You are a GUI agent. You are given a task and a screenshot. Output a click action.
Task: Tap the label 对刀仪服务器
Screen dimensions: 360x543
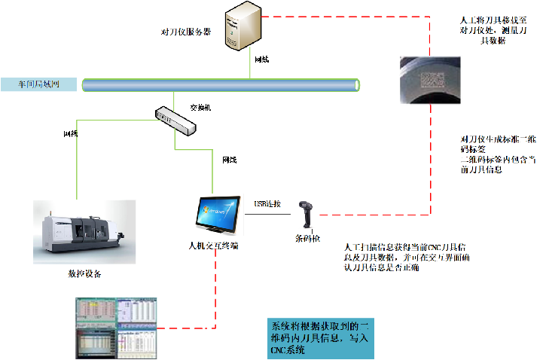click(186, 32)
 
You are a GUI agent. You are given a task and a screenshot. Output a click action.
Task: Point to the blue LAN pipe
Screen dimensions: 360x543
click(218, 84)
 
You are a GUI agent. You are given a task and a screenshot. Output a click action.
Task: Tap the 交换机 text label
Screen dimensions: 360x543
click(200, 108)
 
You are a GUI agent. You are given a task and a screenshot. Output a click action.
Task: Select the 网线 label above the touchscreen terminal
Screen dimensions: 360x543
click(228, 160)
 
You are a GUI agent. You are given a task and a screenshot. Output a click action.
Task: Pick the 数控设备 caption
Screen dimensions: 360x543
click(84, 273)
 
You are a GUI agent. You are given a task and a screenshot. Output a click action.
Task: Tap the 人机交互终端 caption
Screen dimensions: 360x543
click(214, 246)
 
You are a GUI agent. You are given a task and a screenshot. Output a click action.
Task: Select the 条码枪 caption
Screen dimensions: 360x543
click(307, 239)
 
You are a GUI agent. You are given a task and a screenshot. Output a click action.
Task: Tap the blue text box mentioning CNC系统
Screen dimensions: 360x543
click(320, 337)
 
